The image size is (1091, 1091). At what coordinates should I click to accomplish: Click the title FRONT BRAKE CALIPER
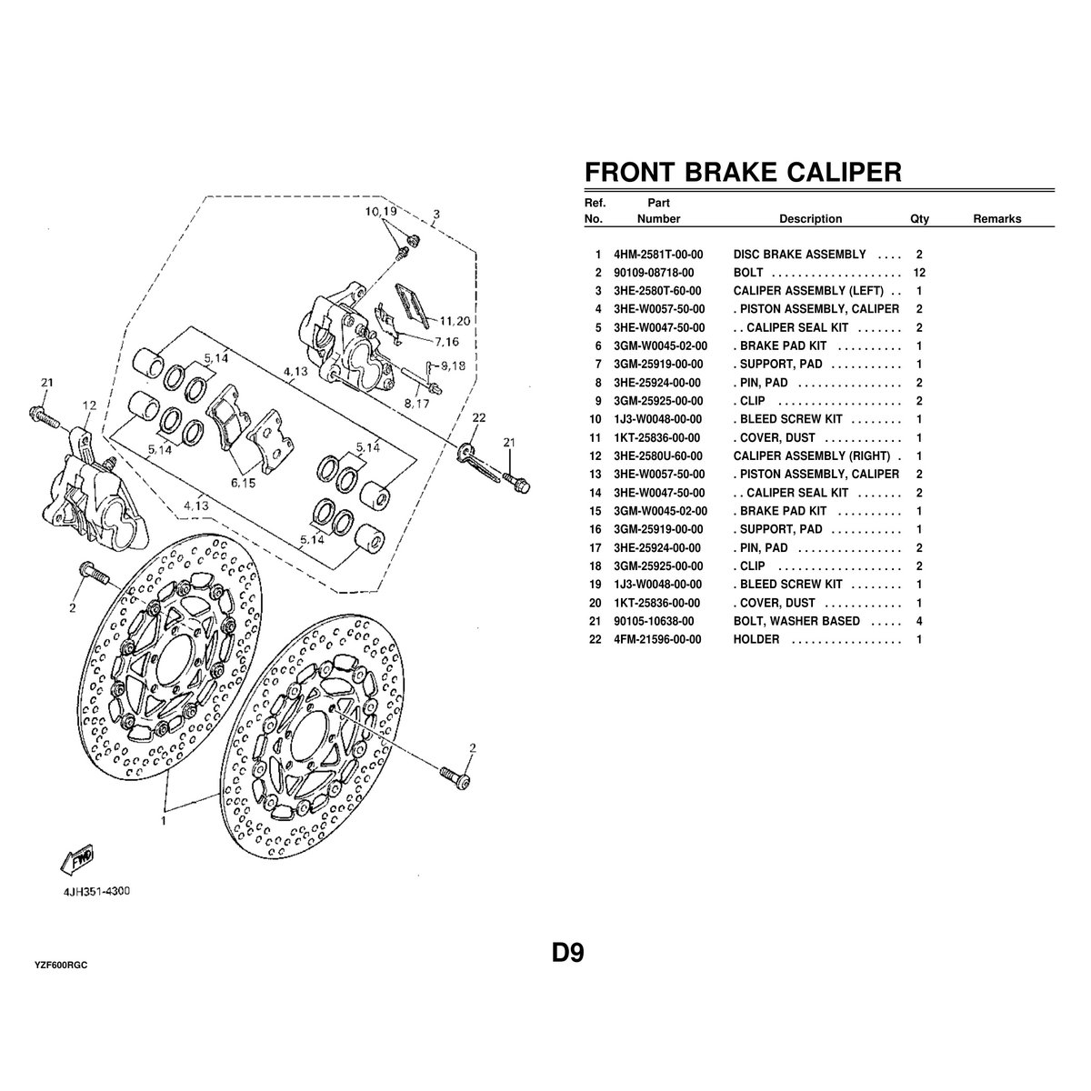point(742,172)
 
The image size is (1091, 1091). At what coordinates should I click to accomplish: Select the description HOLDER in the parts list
point(756,639)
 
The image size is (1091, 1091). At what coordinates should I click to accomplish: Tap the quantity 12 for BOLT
point(919,273)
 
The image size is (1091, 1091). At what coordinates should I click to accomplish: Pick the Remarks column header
point(996,219)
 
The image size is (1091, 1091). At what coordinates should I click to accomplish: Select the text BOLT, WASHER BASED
point(796,621)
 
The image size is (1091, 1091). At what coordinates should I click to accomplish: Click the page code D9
point(567,954)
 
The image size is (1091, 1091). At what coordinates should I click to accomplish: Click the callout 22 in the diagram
point(480,417)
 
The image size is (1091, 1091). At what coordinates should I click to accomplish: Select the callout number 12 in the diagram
point(88,405)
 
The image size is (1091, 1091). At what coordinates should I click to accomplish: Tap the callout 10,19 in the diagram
point(382,211)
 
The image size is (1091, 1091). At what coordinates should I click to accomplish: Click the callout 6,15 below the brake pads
point(243,484)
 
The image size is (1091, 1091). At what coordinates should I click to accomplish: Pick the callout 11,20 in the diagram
point(454,320)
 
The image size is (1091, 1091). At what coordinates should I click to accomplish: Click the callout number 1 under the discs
point(164,820)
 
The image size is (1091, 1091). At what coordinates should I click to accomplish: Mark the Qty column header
point(919,219)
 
